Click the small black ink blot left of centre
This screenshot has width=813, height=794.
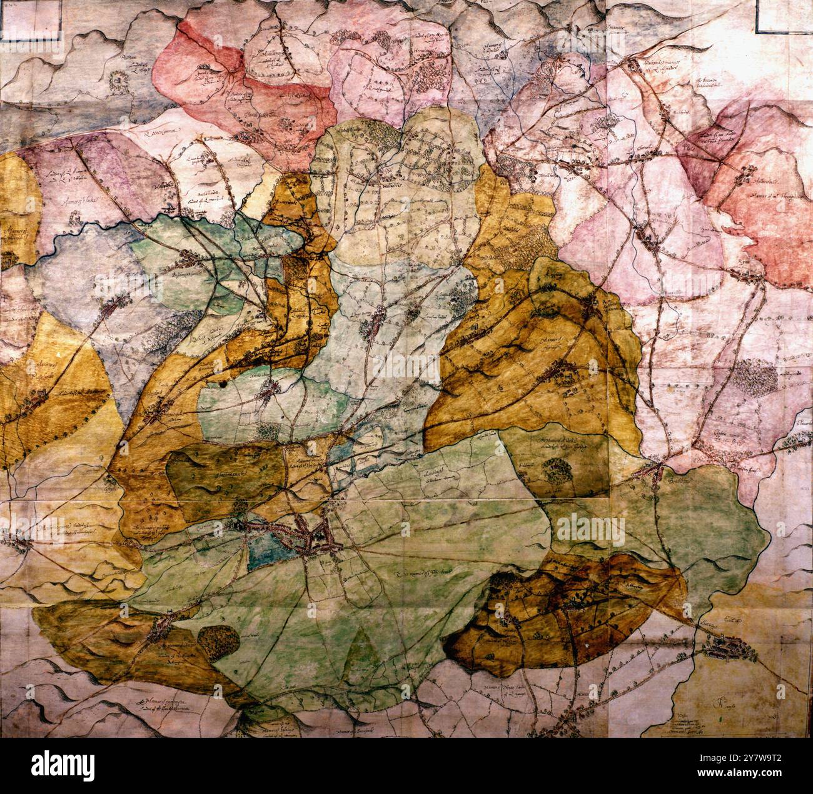point(222,386)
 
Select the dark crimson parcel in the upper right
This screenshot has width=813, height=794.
point(700,150)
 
